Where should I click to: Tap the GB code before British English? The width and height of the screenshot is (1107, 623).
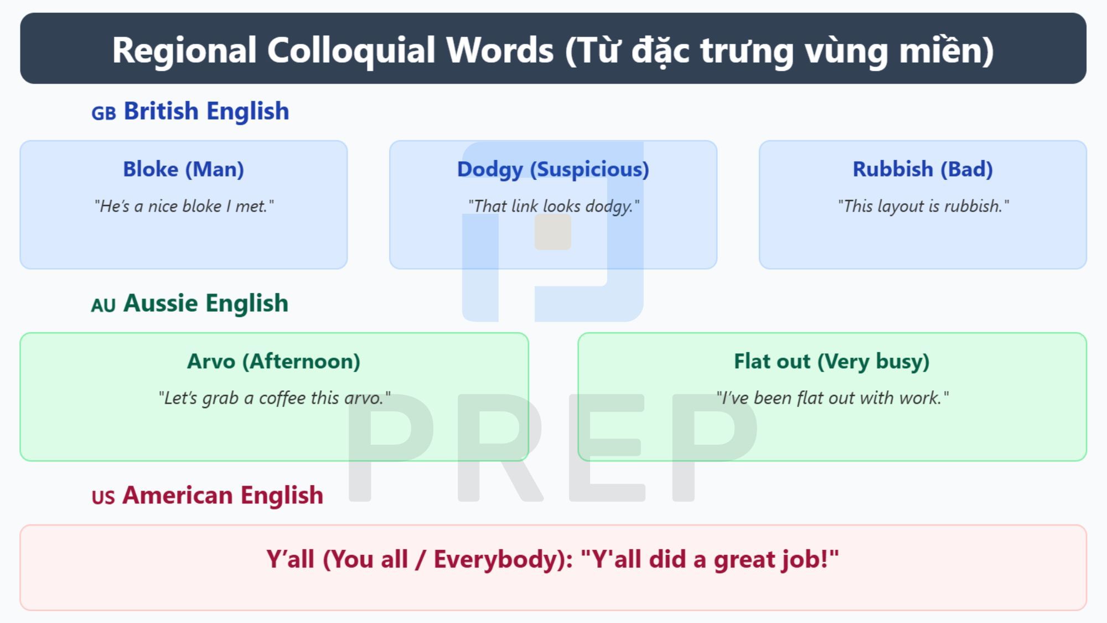coord(104,113)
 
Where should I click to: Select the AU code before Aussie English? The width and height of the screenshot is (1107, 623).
coord(103,305)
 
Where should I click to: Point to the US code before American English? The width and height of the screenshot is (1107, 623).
coord(103,497)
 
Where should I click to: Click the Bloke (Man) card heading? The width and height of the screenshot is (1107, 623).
coord(183,169)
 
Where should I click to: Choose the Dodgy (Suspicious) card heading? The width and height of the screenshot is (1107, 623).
coord(553,169)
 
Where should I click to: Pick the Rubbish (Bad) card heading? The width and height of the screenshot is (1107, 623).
coord(923,169)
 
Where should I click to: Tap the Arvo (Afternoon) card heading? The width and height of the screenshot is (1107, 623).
coord(273,361)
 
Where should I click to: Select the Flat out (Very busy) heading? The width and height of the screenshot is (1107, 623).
coord(831,361)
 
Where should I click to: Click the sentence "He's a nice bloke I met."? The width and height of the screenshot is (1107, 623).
coord(184,206)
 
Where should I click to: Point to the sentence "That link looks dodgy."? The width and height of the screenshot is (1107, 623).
coord(553,206)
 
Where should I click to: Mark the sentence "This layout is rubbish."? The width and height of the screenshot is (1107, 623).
coord(923,206)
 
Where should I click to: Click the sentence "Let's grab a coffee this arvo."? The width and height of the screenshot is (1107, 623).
coord(274,398)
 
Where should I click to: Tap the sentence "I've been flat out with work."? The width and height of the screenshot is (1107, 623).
coord(832,398)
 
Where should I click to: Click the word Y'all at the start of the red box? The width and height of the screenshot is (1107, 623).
coord(291,559)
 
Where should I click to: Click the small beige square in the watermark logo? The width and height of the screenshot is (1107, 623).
coord(552,232)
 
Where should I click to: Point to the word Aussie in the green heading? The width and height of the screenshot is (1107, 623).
coord(161,303)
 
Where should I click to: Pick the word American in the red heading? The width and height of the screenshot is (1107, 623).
coord(178,495)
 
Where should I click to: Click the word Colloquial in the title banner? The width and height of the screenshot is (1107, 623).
coord(351,50)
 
